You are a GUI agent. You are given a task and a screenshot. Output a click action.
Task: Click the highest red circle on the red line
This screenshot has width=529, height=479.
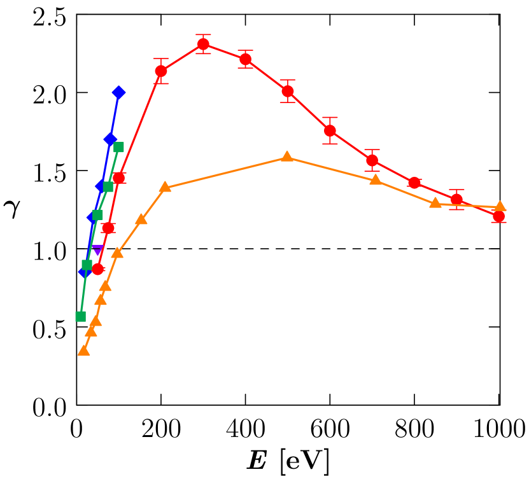tap(203, 44)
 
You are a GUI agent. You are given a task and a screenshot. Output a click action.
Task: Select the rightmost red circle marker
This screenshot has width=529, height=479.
tap(498, 216)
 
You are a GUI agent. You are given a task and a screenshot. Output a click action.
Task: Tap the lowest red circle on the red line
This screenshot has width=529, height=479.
tap(97, 269)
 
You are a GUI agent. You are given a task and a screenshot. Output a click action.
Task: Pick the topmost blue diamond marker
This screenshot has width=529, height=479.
tap(118, 93)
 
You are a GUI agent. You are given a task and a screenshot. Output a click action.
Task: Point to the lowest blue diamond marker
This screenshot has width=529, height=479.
tap(84, 272)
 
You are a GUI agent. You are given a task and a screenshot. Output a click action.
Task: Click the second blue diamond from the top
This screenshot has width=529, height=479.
tap(110, 139)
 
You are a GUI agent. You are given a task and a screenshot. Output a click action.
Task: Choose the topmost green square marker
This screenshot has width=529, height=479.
tap(118, 147)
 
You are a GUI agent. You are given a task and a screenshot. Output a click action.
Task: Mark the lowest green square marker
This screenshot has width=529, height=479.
tap(80, 316)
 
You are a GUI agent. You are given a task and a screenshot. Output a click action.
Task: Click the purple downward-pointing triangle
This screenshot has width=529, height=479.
tap(97, 250)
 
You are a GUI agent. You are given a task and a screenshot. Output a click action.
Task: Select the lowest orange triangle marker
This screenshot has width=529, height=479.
tap(83, 351)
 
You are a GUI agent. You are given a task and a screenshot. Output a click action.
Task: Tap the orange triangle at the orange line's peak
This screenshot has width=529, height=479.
tap(287, 156)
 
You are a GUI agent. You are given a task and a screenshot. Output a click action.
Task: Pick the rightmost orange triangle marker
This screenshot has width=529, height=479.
tap(500, 206)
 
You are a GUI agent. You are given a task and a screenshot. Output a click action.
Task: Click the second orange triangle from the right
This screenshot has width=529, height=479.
tap(435, 203)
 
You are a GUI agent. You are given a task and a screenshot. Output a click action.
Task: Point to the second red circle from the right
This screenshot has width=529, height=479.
tap(456, 200)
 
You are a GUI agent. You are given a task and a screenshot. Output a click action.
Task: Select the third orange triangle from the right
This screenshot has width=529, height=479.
tap(376, 180)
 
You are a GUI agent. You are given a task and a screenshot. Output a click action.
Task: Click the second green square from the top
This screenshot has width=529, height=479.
tap(108, 186)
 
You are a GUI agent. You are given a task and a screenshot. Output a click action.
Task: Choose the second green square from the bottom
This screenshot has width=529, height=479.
tap(87, 265)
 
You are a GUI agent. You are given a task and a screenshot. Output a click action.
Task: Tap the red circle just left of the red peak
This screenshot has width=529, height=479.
tap(161, 71)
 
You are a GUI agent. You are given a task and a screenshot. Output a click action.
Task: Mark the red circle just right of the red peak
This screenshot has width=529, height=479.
tap(245, 59)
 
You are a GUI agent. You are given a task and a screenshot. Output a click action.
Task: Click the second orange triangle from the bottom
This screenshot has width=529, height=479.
tap(91, 331)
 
